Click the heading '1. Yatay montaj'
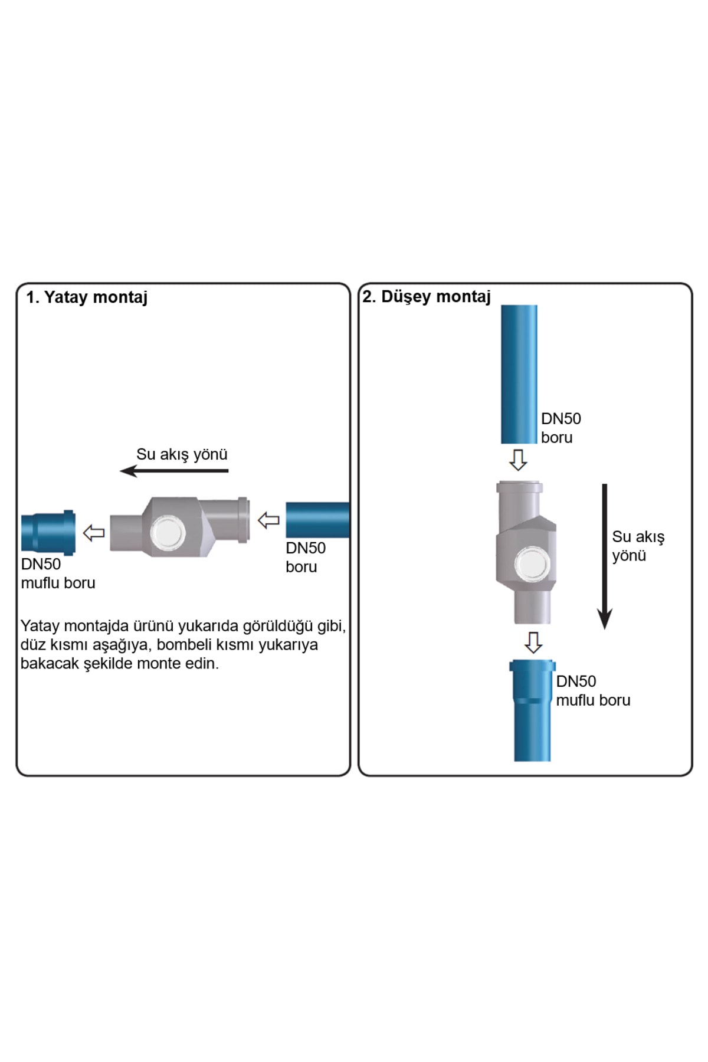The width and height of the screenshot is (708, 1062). tap(87, 297)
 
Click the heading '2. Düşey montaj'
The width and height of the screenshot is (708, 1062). tap(427, 296)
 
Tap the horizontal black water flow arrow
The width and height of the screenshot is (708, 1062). tap(174, 471)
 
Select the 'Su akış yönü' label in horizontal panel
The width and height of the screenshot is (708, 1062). tap(182, 454)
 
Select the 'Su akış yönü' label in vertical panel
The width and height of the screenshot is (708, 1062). tap(638, 546)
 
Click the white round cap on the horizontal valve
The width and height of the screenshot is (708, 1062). tap(168, 532)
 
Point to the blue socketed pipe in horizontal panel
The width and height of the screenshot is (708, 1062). tap(48, 532)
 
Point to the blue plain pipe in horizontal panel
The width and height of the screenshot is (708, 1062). tap(317, 520)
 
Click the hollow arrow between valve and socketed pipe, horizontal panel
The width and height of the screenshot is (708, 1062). tap(94, 533)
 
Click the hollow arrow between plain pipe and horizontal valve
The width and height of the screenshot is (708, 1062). tap(268, 520)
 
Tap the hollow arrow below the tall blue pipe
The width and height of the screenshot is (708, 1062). tap(518, 460)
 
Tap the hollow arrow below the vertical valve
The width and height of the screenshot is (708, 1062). tap(533, 643)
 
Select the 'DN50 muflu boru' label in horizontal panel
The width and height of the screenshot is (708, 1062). tap(58, 573)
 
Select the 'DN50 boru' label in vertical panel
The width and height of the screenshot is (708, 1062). tap(560, 428)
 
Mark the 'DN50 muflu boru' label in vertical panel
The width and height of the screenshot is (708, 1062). tap(593, 690)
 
